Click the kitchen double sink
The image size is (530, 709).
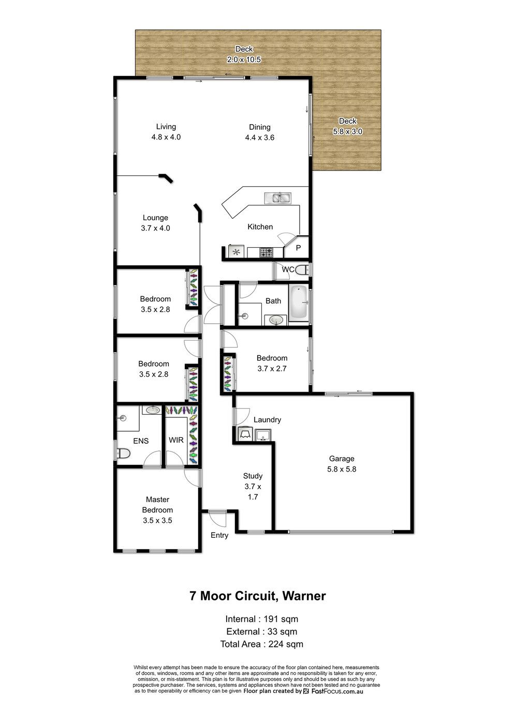point(277,198)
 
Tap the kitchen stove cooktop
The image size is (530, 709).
point(267,252)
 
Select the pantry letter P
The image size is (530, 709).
point(298,248)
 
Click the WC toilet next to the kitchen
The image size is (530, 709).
point(303,269)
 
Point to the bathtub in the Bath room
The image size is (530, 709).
point(298,303)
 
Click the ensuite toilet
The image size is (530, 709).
point(123,453)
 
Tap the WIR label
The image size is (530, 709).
point(176,440)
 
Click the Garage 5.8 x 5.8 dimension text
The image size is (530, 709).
point(342,470)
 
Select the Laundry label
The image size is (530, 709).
point(267,419)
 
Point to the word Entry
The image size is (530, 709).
point(219,535)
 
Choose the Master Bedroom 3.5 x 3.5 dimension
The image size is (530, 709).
point(157,520)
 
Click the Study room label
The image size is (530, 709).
point(253,476)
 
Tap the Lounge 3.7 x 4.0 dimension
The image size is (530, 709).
point(155,228)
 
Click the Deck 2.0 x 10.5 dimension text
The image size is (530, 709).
point(244,59)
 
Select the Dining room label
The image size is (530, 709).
point(260,127)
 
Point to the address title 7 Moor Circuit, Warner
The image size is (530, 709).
point(258,596)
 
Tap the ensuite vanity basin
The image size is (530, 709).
point(153,410)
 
